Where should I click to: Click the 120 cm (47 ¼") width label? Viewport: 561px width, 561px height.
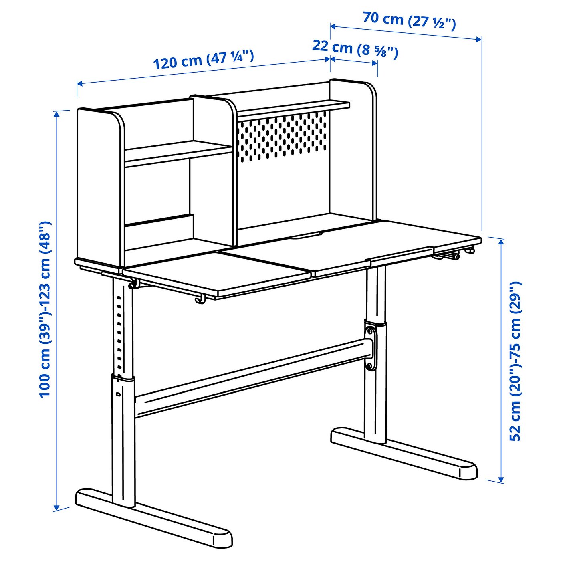coord(204,60)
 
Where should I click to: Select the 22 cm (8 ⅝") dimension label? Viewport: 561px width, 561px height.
coord(355,48)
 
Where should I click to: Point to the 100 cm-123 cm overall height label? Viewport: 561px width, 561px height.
coord(45,309)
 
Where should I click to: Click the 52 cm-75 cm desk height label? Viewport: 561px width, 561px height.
coord(515,361)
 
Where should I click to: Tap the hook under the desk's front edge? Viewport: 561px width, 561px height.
coord(200,300)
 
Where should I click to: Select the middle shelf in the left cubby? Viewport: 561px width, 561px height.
coord(178,152)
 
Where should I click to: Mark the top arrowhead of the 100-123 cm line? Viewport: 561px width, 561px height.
coord(57,114)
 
